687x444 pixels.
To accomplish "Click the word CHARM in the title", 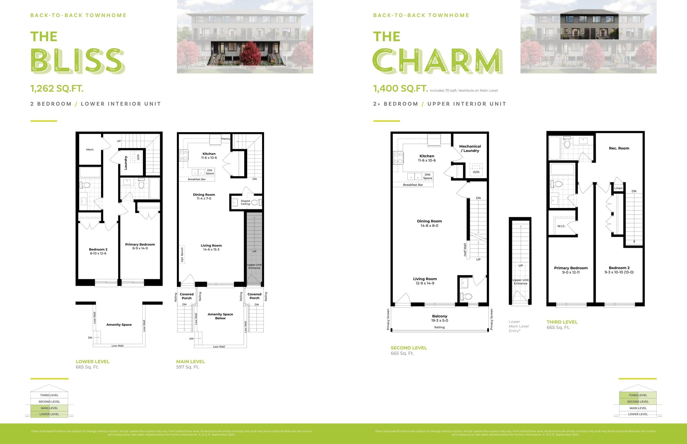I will pyautogui.click(x=437, y=61).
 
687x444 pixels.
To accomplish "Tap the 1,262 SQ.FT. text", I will pyautogui.click(x=57, y=88).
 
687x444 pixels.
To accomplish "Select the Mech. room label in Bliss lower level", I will pyautogui.click(x=90, y=150).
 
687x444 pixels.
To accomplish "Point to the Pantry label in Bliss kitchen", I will pyautogui.click(x=226, y=139).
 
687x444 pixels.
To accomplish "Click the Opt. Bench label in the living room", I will pyautogui.click(x=182, y=255).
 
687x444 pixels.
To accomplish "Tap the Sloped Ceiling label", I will pyautogui.click(x=245, y=202).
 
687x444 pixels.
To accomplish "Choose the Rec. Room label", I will pyautogui.click(x=619, y=148).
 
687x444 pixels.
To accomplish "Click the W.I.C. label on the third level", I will pyautogui.click(x=561, y=226).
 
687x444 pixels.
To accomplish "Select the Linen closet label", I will pyautogui.click(x=618, y=188).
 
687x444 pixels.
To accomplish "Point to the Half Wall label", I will pyautogui.click(x=465, y=250).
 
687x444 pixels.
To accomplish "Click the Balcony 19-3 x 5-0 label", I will pyautogui.click(x=439, y=318).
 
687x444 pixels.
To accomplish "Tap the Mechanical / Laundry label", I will pyautogui.click(x=470, y=149).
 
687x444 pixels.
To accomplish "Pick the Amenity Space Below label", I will pyautogui.click(x=220, y=316).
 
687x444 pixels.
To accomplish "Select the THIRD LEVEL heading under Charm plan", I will pyautogui.click(x=562, y=322).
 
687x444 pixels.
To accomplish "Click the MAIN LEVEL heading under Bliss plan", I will pyautogui.click(x=191, y=361).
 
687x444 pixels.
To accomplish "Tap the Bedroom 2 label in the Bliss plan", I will pyautogui.click(x=98, y=251).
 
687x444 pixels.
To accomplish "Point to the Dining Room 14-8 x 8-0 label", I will pyautogui.click(x=429, y=223).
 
